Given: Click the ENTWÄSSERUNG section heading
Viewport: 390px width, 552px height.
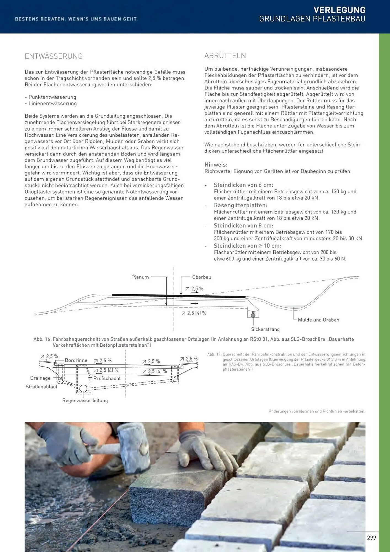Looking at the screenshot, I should (54, 56).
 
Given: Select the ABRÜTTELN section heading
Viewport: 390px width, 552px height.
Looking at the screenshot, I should (225, 56).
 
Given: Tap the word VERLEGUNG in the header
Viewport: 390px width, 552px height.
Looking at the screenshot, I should (340, 10).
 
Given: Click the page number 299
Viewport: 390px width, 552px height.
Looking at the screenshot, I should (372, 538).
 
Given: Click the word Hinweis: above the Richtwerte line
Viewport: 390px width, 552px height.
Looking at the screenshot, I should (216, 165).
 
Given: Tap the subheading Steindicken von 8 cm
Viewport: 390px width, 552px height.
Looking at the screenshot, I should (243, 225).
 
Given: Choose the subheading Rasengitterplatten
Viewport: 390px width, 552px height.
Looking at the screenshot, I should (241, 205).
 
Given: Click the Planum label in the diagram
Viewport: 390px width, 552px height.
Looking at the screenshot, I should (140, 277).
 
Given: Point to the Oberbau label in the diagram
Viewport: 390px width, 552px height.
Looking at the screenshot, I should (202, 277).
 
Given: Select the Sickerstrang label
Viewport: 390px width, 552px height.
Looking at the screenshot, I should (265, 329).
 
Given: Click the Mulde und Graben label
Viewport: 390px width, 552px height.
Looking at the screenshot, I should (318, 320).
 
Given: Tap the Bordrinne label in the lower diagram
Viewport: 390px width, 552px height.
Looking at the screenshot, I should (76, 360).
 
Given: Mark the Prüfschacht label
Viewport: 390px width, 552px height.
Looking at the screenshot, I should (107, 378).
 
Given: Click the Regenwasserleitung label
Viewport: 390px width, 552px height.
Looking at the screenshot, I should (85, 400).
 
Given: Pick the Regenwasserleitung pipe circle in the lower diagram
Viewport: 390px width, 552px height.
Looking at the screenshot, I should (83, 389).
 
